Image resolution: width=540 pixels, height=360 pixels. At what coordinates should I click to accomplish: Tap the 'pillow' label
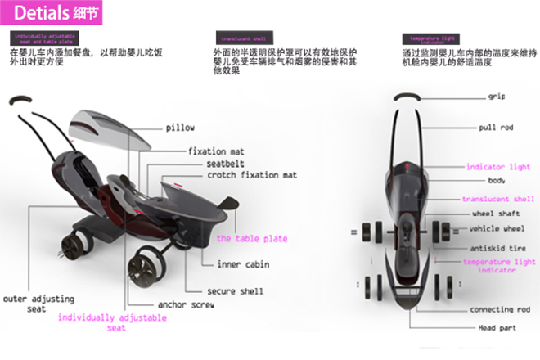pyautogui.click(x=180, y=128)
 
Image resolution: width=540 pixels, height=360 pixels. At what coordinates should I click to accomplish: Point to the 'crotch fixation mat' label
pyautogui.click(x=251, y=175)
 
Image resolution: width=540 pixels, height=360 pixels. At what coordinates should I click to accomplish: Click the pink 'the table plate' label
pyautogui.click(x=251, y=239)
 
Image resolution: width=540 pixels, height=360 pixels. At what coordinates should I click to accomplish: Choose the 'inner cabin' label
pyautogui.click(x=243, y=264)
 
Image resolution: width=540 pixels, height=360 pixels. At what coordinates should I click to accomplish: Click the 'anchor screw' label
pyautogui.click(x=187, y=304)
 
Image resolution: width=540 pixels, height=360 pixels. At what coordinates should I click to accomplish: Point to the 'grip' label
pyautogui.click(x=497, y=97)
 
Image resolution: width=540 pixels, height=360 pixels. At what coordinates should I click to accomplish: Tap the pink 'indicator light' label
pyautogui.click(x=497, y=167)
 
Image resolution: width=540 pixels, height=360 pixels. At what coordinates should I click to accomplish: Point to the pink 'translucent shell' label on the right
pyautogui.click(x=497, y=199)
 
